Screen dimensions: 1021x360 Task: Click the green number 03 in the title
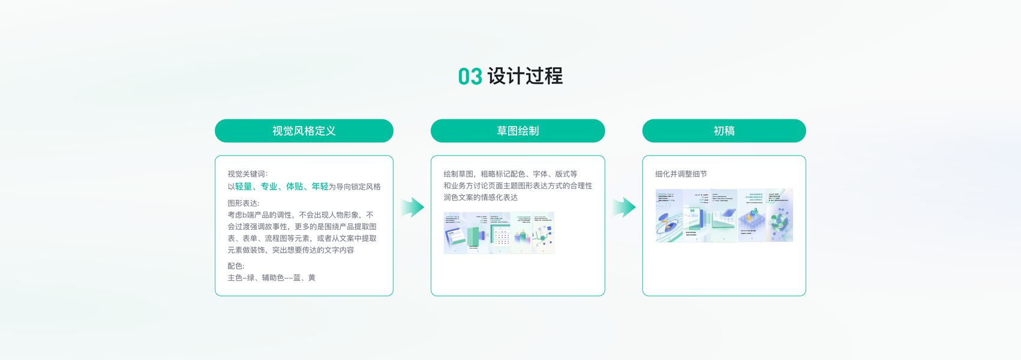(470, 77)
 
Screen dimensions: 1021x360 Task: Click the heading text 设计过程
(525, 76)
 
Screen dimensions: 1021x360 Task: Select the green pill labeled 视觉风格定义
(304, 131)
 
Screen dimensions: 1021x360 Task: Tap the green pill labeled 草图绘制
(518, 131)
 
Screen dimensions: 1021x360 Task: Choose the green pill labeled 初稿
(724, 131)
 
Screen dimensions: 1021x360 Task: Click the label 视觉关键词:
(248, 174)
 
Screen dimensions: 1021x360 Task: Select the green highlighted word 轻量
(244, 187)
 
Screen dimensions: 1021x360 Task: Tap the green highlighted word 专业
(269, 187)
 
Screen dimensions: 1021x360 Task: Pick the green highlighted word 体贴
(295, 187)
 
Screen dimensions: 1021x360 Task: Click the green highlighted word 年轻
(320, 187)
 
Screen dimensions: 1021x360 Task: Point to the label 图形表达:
(244, 203)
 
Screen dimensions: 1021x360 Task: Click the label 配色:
(236, 266)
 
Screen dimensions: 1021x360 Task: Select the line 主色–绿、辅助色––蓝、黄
(271, 278)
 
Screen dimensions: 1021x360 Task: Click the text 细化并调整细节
(681, 174)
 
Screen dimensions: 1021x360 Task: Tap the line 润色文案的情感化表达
(481, 197)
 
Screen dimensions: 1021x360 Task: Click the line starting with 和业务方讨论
(518, 186)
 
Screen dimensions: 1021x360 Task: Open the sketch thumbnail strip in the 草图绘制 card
(499, 233)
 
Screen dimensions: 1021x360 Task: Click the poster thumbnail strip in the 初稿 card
(724, 215)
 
